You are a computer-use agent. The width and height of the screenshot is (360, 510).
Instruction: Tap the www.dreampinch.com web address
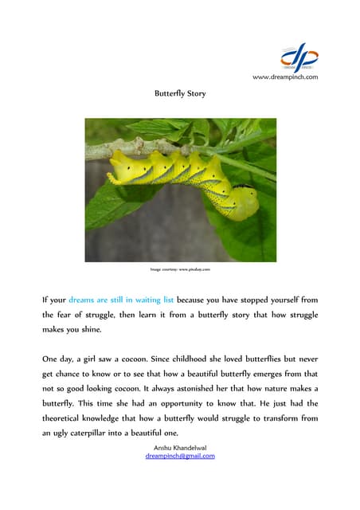(284, 76)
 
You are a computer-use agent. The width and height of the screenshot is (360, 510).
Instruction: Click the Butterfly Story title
(180, 93)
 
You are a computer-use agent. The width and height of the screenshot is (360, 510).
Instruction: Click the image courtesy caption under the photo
(180, 270)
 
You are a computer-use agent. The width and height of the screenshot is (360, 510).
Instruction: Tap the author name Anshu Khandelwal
(180, 448)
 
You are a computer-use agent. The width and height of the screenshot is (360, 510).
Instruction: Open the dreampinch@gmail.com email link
(180, 456)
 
